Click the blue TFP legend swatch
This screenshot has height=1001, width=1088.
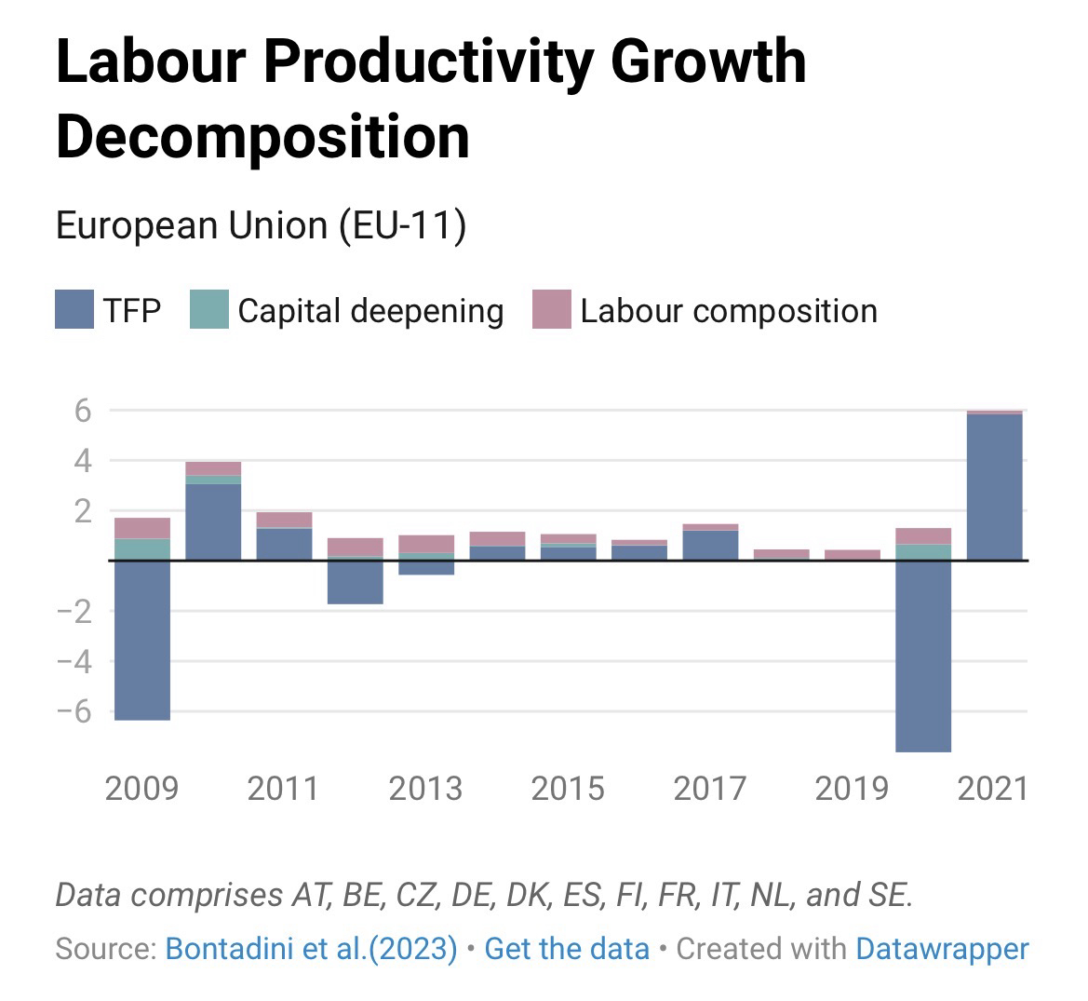(74, 310)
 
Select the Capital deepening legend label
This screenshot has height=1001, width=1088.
(370, 310)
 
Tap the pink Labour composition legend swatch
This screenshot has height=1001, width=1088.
(551, 310)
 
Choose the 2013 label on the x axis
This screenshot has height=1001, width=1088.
(425, 789)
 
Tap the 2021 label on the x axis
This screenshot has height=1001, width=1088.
(993, 789)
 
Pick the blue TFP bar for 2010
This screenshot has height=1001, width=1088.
(213, 521)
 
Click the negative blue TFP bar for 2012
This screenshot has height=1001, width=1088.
(355, 582)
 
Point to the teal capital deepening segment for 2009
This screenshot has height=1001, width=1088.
(142, 549)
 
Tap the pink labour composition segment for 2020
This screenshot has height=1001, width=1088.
(923, 535)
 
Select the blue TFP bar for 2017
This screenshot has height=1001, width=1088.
(710, 545)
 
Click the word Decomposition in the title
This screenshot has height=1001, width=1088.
(262, 137)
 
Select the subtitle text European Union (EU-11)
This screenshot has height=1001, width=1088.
(261, 226)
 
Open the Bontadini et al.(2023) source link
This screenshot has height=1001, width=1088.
(311, 949)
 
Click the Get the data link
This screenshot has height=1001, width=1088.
(567, 949)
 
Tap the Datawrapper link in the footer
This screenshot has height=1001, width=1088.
(942, 949)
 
